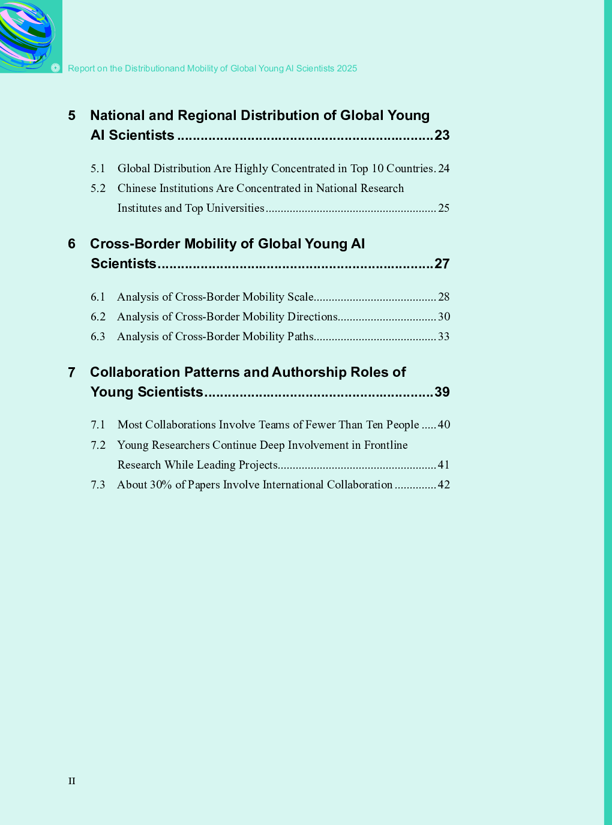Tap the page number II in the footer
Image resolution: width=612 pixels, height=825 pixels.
(72, 781)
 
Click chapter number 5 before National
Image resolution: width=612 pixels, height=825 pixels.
(72, 115)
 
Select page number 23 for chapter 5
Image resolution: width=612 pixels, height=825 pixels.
(442, 135)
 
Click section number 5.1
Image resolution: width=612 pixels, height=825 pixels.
(98, 169)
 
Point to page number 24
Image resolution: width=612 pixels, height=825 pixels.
(444, 169)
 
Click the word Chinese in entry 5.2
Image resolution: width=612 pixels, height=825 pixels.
(137, 188)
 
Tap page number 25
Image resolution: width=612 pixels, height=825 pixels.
(444, 208)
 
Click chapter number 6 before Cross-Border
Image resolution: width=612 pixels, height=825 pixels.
(72, 244)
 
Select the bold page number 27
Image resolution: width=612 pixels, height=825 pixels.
(442, 263)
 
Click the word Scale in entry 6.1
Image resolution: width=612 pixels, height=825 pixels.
(300, 297)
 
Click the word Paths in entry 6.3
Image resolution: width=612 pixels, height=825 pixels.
(300, 337)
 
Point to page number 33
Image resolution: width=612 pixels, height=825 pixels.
(444, 337)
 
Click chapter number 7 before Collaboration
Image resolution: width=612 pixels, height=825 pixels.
(72, 372)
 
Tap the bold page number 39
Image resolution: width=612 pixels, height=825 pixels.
(442, 392)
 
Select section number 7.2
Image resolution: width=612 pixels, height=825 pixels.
(98, 445)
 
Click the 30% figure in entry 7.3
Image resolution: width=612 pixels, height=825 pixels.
(161, 485)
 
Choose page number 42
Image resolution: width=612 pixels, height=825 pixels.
(444, 485)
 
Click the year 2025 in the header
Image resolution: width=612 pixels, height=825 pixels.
(347, 68)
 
